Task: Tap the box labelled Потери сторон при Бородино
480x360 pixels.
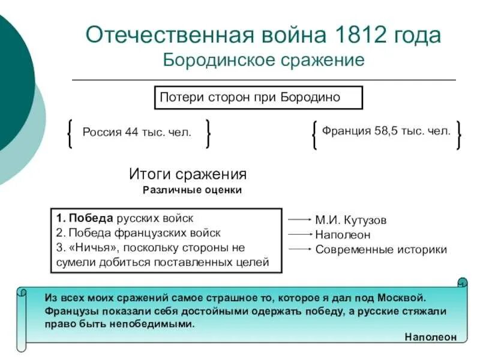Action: tap(259, 97)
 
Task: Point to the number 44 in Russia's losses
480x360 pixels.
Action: tap(132, 133)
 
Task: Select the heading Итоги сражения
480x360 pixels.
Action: tap(188, 175)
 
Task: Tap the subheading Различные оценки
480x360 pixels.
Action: tap(192, 190)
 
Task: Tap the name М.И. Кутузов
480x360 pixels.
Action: tap(351, 220)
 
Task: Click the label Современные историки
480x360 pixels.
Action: tap(381, 250)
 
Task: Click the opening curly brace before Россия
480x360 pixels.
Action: tap(71, 133)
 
